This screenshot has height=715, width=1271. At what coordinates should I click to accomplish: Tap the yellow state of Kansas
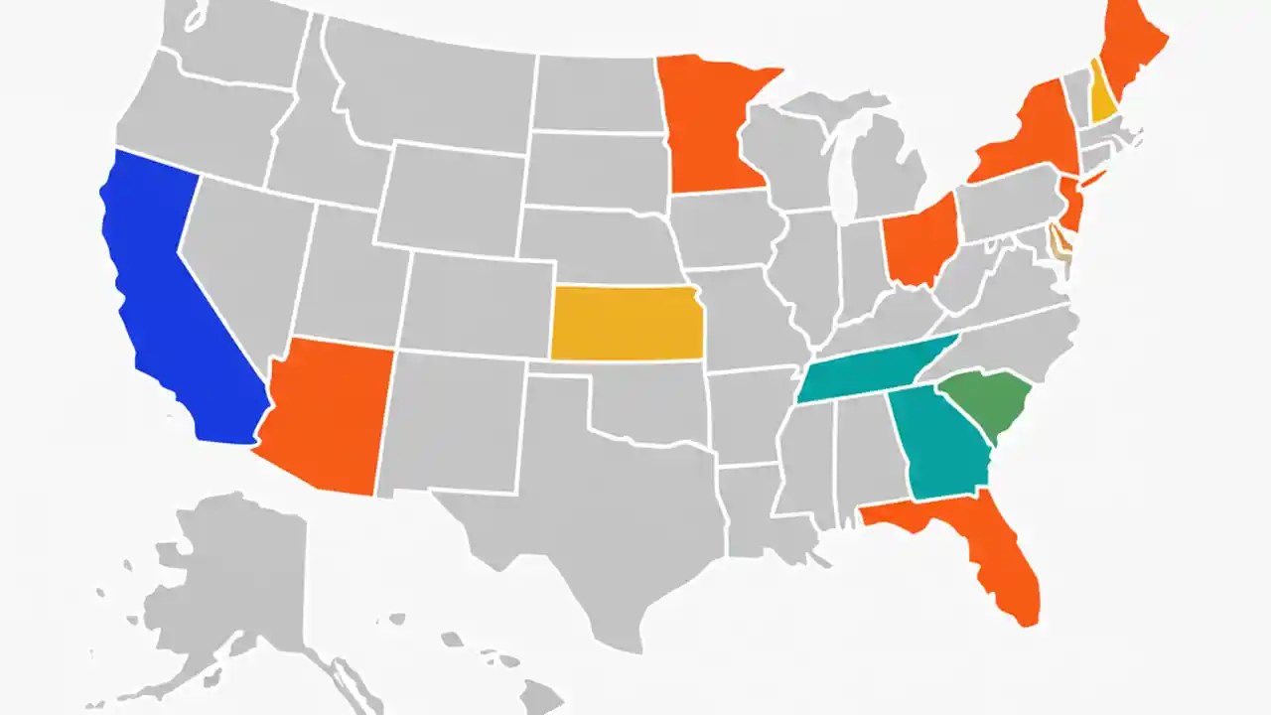click(x=626, y=323)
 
